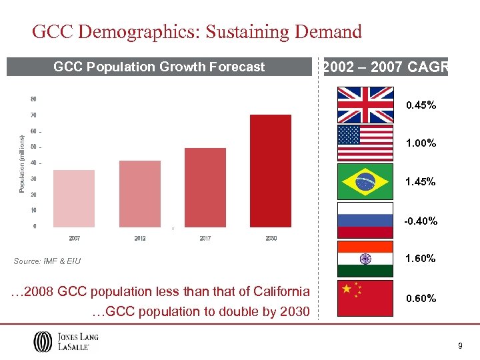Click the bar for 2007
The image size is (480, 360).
pyautogui.click(x=73, y=198)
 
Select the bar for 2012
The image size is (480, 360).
pyautogui.click(x=139, y=193)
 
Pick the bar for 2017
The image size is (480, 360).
pyautogui.click(x=205, y=187)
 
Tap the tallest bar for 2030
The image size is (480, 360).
pyautogui.click(x=270, y=171)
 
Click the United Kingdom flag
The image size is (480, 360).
pyautogui.click(x=365, y=104)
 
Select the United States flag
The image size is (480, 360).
pyautogui.click(x=365, y=143)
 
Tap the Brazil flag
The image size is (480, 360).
pyautogui.click(x=365, y=181)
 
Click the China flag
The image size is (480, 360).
pyautogui.click(x=365, y=298)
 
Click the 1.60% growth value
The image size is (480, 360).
pyautogui.click(x=421, y=258)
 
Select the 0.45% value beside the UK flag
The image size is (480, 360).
pyautogui.click(x=421, y=105)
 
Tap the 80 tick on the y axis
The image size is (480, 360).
pyautogui.click(x=33, y=99)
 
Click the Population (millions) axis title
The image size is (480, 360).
pyautogui.click(x=21, y=164)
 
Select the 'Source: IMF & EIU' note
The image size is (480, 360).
pyautogui.click(x=47, y=261)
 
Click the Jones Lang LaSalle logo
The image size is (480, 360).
pyautogui.click(x=66, y=342)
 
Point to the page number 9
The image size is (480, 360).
pyautogui.click(x=460, y=345)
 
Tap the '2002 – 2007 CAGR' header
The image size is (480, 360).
pyautogui.click(x=385, y=67)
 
